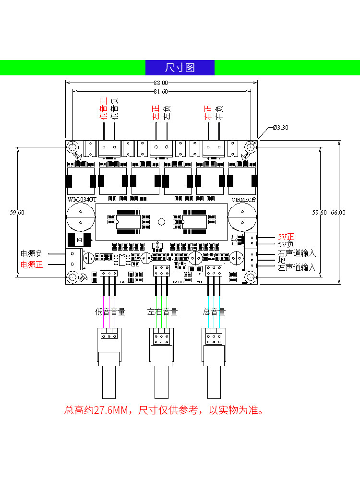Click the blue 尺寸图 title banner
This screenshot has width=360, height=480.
pos(180,68)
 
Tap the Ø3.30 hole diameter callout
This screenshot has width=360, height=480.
pos(280,128)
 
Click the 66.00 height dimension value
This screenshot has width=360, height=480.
pos(338,212)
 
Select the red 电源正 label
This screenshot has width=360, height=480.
pos(31,264)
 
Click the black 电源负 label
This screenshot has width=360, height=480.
pos(31,253)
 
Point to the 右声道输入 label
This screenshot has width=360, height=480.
pos(297,253)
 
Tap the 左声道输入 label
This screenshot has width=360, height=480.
pos(297,267)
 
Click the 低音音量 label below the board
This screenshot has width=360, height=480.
pos(110,312)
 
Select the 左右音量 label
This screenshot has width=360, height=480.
pos(162,312)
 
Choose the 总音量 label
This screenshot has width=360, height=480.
pos(214,312)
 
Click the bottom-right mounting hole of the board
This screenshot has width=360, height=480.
pos(251,277)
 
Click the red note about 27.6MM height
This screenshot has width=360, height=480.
pos(164,410)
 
